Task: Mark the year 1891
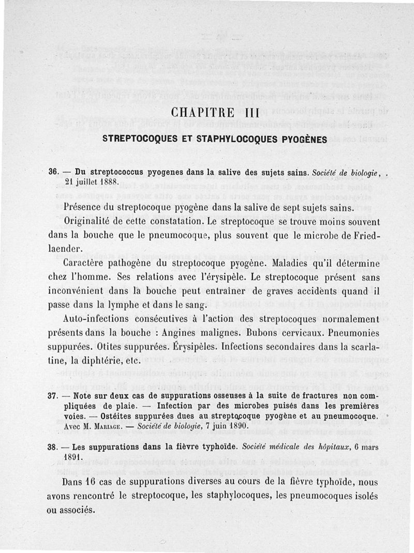point(76,458)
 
